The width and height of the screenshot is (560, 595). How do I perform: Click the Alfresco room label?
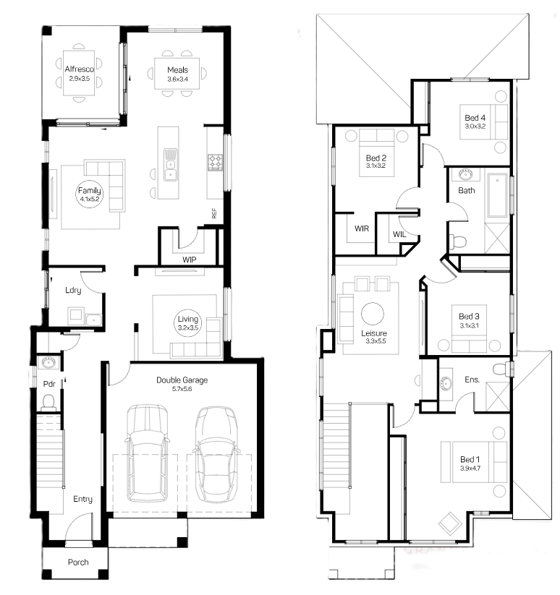[80, 69]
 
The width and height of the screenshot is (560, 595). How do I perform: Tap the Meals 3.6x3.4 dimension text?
[178, 80]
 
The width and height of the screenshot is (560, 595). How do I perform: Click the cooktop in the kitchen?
[216, 163]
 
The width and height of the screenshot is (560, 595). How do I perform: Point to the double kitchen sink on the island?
[171, 165]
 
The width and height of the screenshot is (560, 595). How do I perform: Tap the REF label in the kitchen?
[214, 213]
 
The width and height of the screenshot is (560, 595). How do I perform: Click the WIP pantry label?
[189, 260]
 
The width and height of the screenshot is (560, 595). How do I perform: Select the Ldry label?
[73, 291]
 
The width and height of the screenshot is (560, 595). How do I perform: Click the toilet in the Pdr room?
[48, 403]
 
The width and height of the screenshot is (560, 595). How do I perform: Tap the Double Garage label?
[182, 380]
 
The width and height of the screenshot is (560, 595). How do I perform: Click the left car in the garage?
[148, 453]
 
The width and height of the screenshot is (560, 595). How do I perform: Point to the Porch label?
[78, 562]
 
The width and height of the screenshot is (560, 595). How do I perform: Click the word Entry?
[82, 499]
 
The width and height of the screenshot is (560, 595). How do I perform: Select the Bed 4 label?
[475, 118]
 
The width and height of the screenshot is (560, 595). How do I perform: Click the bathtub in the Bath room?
[497, 196]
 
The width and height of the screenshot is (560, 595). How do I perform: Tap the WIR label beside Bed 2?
[362, 228]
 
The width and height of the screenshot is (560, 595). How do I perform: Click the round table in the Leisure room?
[373, 314]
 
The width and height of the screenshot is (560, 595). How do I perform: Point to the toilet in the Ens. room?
[502, 369]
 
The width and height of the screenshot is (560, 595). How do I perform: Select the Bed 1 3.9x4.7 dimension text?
[470, 468]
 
